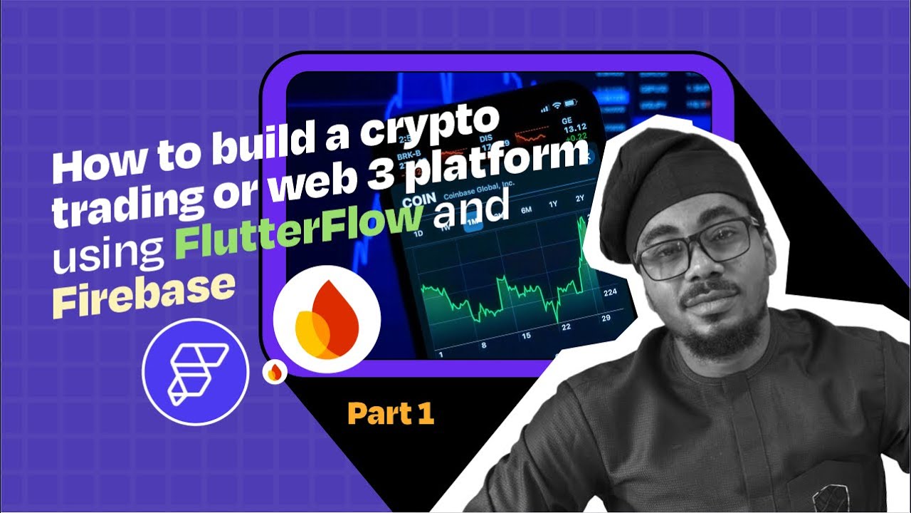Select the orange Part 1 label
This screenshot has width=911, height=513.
[x=391, y=414]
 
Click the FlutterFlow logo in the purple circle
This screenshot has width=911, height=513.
[x=195, y=370]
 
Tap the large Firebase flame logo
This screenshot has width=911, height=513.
[x=327, y=318]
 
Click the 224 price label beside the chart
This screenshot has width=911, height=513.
[x=609, y=292]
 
